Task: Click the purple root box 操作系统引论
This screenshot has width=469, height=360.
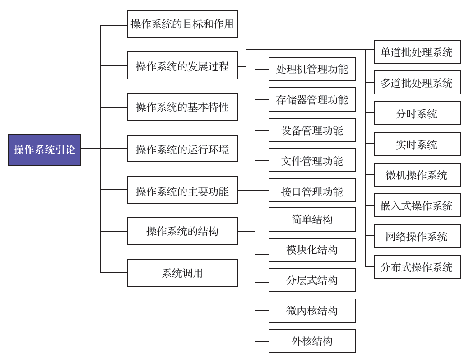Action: [44, 150]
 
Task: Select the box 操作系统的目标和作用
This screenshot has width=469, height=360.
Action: [183, 24]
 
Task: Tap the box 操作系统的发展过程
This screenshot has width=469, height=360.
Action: [183, 65]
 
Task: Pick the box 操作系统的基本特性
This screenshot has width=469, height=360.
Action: [183, 107]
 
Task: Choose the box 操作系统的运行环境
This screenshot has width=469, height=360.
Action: [183, 149]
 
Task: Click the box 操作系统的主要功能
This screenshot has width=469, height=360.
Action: [183, 190]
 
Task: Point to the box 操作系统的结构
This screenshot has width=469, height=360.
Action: [183, 231]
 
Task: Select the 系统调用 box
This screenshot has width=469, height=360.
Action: [183, 273]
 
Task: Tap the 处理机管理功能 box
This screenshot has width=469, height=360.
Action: [312, 69]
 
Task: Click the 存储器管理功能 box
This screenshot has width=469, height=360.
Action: [312, 100]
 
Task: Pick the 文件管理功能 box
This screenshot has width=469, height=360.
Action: [312, 160]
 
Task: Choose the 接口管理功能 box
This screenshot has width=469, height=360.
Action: [312, 191]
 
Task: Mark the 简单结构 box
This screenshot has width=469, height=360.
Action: [312, 220]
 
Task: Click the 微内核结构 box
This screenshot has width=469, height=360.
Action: [312, 311]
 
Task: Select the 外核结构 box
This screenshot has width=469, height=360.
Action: [312, 341]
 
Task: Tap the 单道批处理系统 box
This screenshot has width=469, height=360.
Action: [417, 52]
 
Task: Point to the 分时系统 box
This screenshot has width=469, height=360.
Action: [417, 113]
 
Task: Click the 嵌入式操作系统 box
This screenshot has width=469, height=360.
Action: [417, 205]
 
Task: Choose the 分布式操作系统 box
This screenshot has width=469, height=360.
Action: [417, 266]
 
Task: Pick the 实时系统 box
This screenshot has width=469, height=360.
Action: [417, 144]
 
